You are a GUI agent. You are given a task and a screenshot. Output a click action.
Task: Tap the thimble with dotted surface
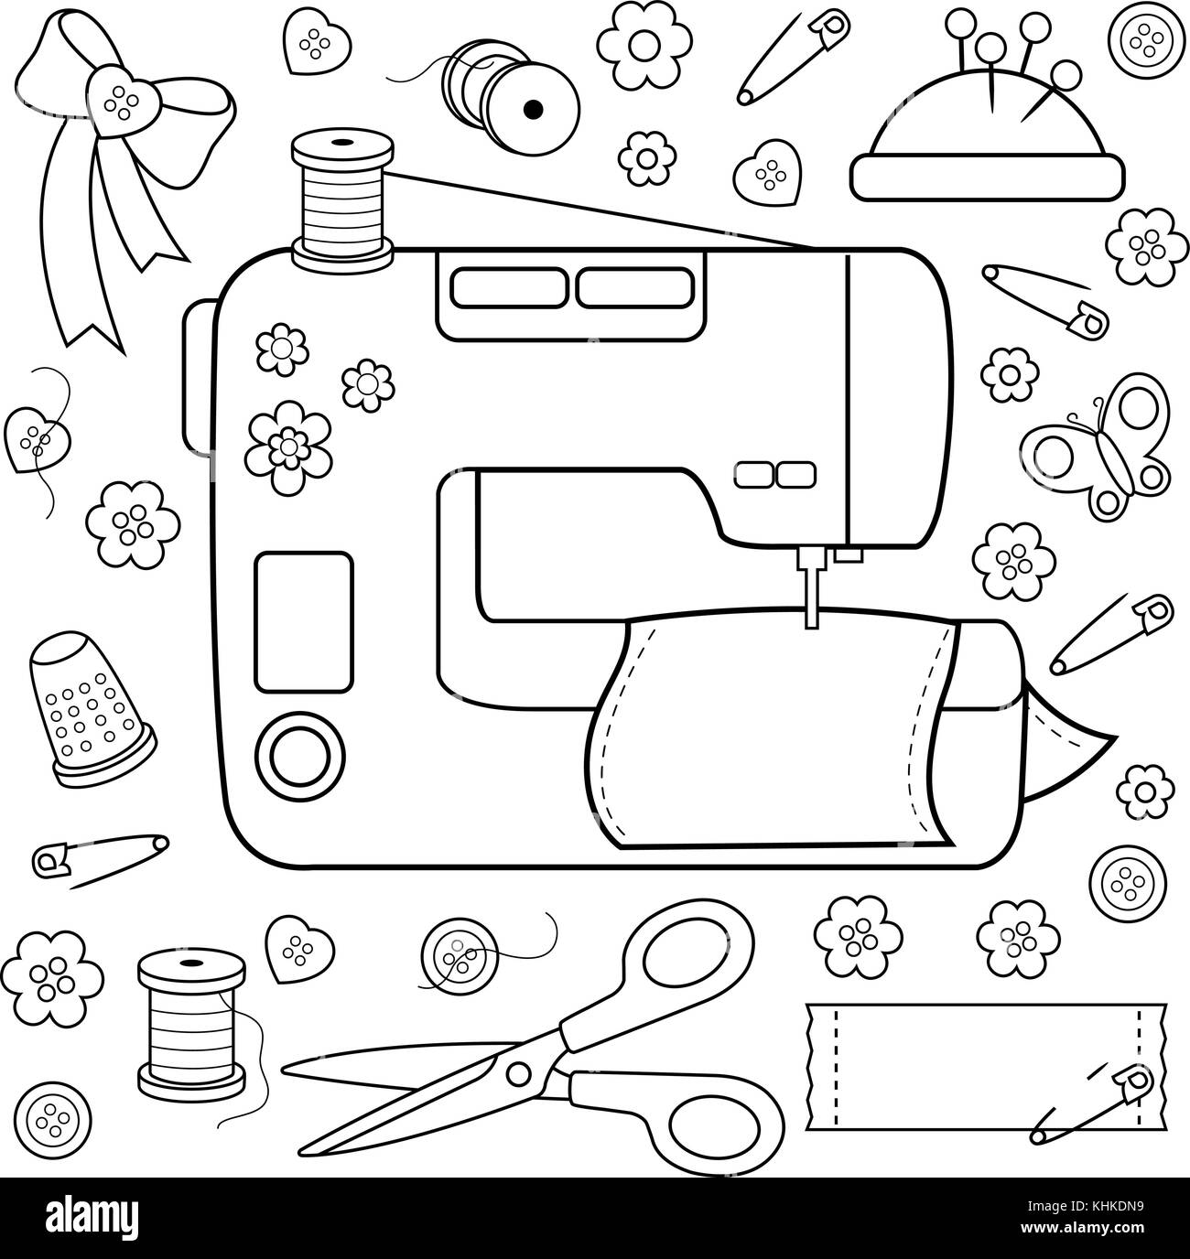pos(91,707)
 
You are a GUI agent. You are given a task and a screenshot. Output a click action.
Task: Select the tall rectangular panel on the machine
pos(304,621)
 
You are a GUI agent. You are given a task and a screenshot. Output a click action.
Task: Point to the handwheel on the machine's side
pos(198,378)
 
